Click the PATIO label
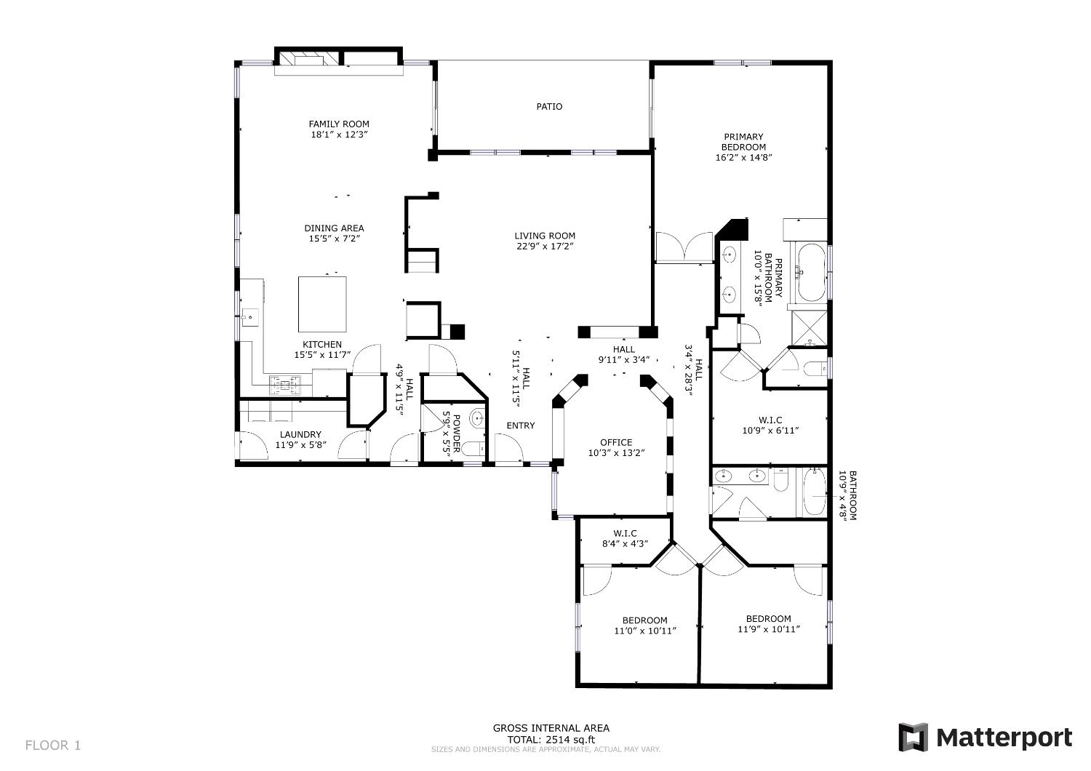pos(549,107)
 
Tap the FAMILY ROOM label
pos(339,124)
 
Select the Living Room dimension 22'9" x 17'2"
pos(545,247)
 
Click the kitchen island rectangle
pos(322,305)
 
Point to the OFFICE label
pos(616,443)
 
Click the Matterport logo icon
pos(913,737)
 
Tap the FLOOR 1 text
pos(53,746)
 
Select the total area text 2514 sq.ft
pos(570,740)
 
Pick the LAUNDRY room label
pos(300,434)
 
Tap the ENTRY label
pos(521,426)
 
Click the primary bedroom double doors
pos(684,247)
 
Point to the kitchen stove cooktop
pos(285,385)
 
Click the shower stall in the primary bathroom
pos(810,328)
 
